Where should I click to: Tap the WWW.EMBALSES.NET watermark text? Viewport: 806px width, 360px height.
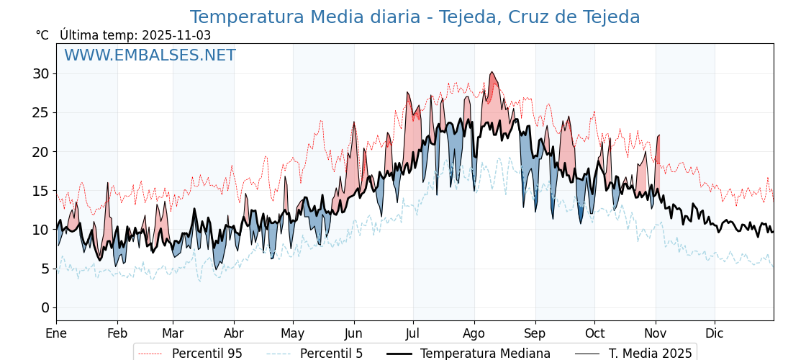150,55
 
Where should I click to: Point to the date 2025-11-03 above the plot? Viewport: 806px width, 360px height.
176,35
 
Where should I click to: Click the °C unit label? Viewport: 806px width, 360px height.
42,35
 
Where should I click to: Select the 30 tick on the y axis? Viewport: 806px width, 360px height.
40,73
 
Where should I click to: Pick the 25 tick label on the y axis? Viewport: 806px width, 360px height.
40,112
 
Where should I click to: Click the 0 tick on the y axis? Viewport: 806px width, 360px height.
45,307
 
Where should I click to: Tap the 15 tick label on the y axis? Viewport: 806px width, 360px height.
40,191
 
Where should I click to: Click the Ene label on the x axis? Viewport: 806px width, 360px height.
56,334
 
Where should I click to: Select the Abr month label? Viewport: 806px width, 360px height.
234,334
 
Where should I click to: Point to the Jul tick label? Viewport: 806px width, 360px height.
413,334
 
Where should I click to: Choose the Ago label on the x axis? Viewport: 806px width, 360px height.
474,334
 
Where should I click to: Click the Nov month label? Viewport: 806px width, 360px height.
656,334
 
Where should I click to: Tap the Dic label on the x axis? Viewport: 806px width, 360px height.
715,334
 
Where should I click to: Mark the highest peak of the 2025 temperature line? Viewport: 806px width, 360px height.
492,72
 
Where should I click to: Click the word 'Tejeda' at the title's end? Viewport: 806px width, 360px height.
610,17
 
